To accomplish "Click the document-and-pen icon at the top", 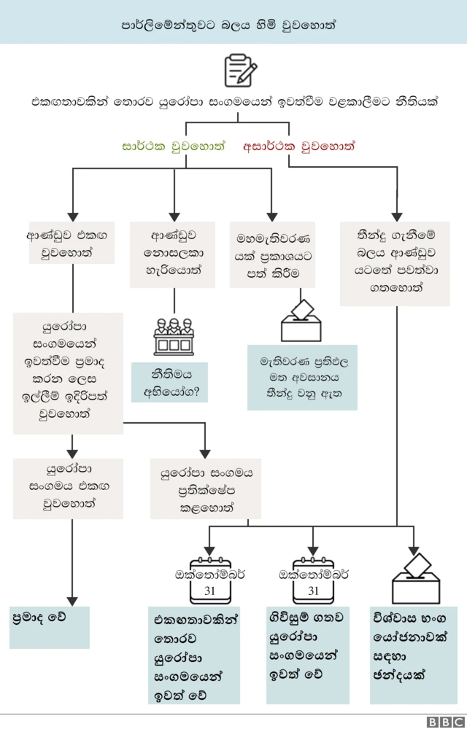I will [240, 70].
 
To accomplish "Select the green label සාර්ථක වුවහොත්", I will [174, 146].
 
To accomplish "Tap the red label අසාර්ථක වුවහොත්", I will [298, 146].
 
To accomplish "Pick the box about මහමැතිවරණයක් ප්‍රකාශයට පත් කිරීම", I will [272, 254].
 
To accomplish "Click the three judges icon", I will [174, 337].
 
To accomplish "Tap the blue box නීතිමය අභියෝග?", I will [169, 382].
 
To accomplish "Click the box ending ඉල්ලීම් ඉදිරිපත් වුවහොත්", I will [68, 373].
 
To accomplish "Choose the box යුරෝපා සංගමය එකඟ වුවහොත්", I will [68, 487].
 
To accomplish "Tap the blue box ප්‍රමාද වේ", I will [50, 627].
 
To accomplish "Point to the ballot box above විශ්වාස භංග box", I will [415, 579].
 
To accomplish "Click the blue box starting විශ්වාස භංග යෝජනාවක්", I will [413, 654].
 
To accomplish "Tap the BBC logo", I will [444, 722].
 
